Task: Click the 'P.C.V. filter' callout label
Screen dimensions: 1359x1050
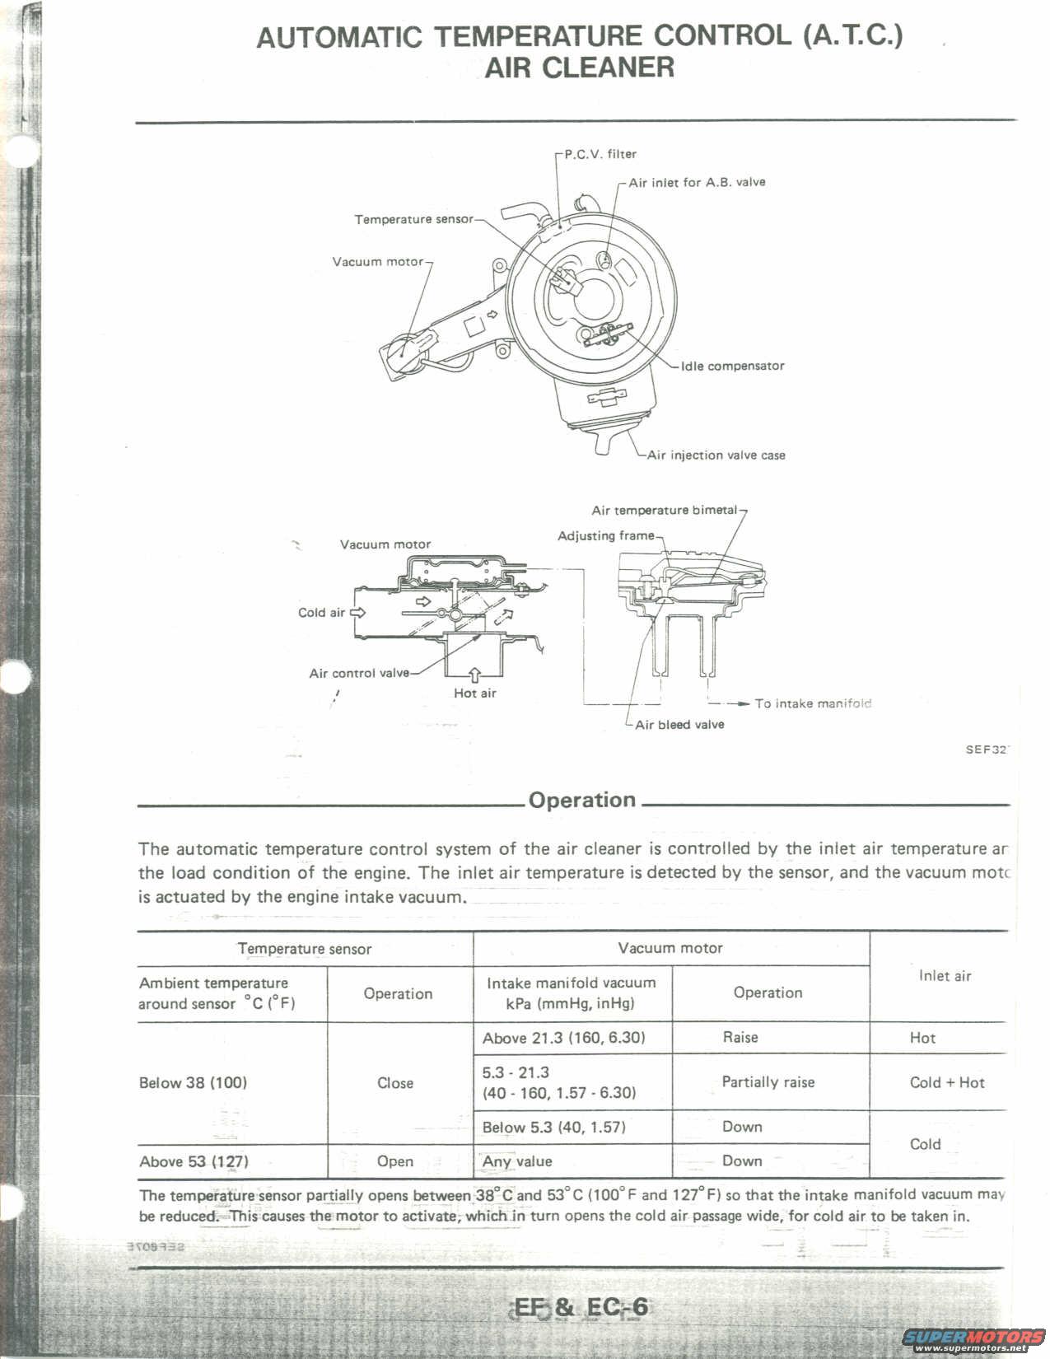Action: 600,154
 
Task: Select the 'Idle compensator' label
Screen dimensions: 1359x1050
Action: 732,366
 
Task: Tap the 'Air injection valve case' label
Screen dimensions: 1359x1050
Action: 716,455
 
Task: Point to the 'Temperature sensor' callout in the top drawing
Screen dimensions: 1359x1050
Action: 413,219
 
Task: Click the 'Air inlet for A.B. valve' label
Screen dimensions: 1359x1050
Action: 697,182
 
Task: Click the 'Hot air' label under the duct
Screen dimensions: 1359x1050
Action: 475,694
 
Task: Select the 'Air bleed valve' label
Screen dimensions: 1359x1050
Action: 679,725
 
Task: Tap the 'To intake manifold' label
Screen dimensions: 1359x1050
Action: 813,703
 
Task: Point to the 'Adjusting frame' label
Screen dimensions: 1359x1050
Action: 605,536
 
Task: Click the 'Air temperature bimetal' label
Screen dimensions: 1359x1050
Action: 664,510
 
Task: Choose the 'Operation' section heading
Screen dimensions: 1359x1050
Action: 582,800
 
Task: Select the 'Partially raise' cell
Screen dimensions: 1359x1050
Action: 768,1082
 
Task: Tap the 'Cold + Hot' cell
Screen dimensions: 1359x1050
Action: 947,1082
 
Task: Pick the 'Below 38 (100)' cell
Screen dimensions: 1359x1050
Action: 193,1082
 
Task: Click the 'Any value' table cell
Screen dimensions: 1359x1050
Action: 517,1161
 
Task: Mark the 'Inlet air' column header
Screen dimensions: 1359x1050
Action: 945,976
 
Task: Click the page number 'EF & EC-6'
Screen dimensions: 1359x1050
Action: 581,1307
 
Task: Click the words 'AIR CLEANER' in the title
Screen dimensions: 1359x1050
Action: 579,68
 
